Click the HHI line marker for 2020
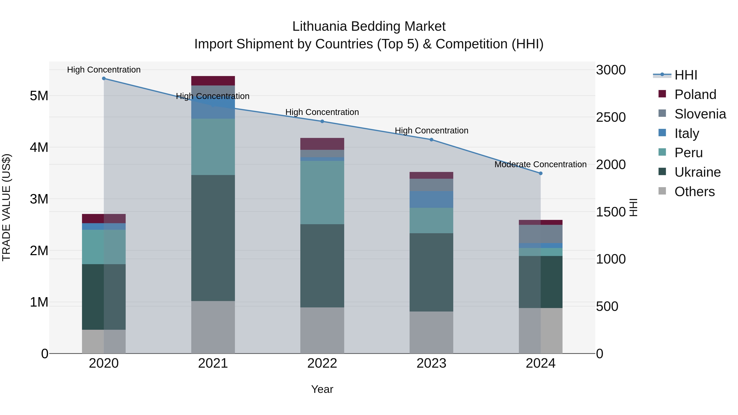pyautogui.click(x=104, y=78)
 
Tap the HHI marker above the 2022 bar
pyautogui.click(x=322, y=122)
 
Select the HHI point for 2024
pyautogui.click(x=541, y=173)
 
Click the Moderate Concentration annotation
pyautogui.click(x=540, y=164)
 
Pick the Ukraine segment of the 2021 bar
pyautogui.click(x=213, y=238)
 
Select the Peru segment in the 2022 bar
pyautogui.click(x=322, y=192)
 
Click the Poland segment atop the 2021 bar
pyautogui.click(x=213, y=81)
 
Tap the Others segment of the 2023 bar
pyautogui.click(x=431, y=332)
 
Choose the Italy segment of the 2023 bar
pyautogui.click(x=431, y=199)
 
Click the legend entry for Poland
pyautogui.click(x=695, y=94)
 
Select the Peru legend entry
pyautogui.click(x=688, y=153)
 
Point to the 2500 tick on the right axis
pyautogui.click(x=611, y=117)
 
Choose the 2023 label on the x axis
pyautogui.click(x=431, y=363)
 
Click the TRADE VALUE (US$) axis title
pyautogui.click(x=6, y=207)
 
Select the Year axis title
pyautogui.click(x=322, y=389)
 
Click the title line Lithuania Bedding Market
pyautogui.click(x=369, y=26)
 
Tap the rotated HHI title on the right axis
pyautogui.click(x=633, y=207)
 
